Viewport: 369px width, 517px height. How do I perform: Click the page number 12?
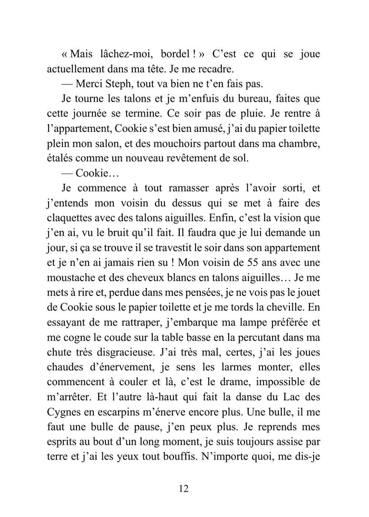click(183, 489)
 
